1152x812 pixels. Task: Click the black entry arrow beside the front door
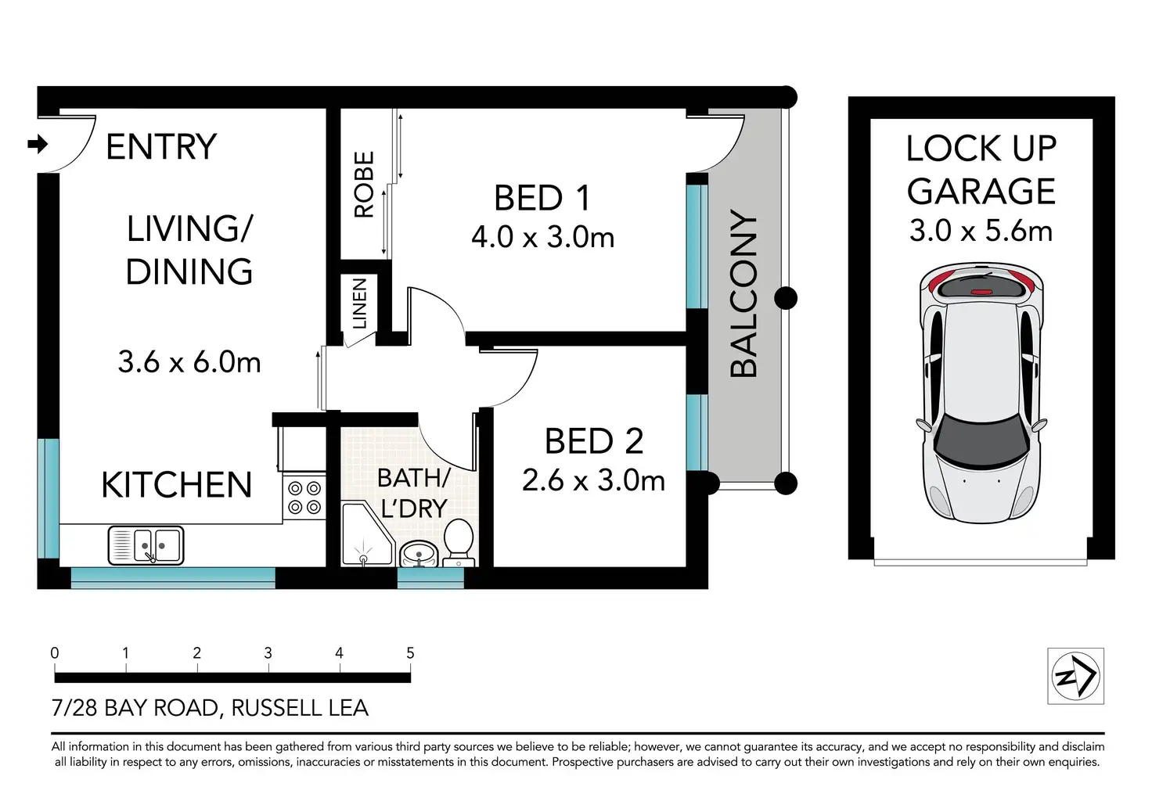tap(38, 145)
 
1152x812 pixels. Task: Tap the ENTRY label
tap(161, 147)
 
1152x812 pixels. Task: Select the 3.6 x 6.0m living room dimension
tap(189, 362)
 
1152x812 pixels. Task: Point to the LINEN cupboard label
tap(359, 304)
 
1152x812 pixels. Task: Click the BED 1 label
tap(542, 198)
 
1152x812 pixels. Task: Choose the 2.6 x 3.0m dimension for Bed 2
tap(593, 481)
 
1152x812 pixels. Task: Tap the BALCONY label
tap(743, 293)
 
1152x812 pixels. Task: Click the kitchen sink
tap(146, 545)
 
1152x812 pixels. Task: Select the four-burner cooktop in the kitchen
tap(304, 498)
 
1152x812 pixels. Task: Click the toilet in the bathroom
tap(459, 542)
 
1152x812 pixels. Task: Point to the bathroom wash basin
tap(419, 554)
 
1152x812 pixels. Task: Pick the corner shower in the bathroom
tap(367, 535)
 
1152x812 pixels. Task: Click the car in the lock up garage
tap(981, 393)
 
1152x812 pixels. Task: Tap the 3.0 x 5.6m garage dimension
tap(981, 231)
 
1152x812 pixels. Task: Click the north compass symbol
tap(1076, 676)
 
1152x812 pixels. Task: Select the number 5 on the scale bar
tap(410, 653)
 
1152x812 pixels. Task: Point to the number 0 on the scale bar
tap(55, 653)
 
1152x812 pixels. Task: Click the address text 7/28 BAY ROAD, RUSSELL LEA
tap(210, 708)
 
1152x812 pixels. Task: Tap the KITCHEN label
tap(176, 485)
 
